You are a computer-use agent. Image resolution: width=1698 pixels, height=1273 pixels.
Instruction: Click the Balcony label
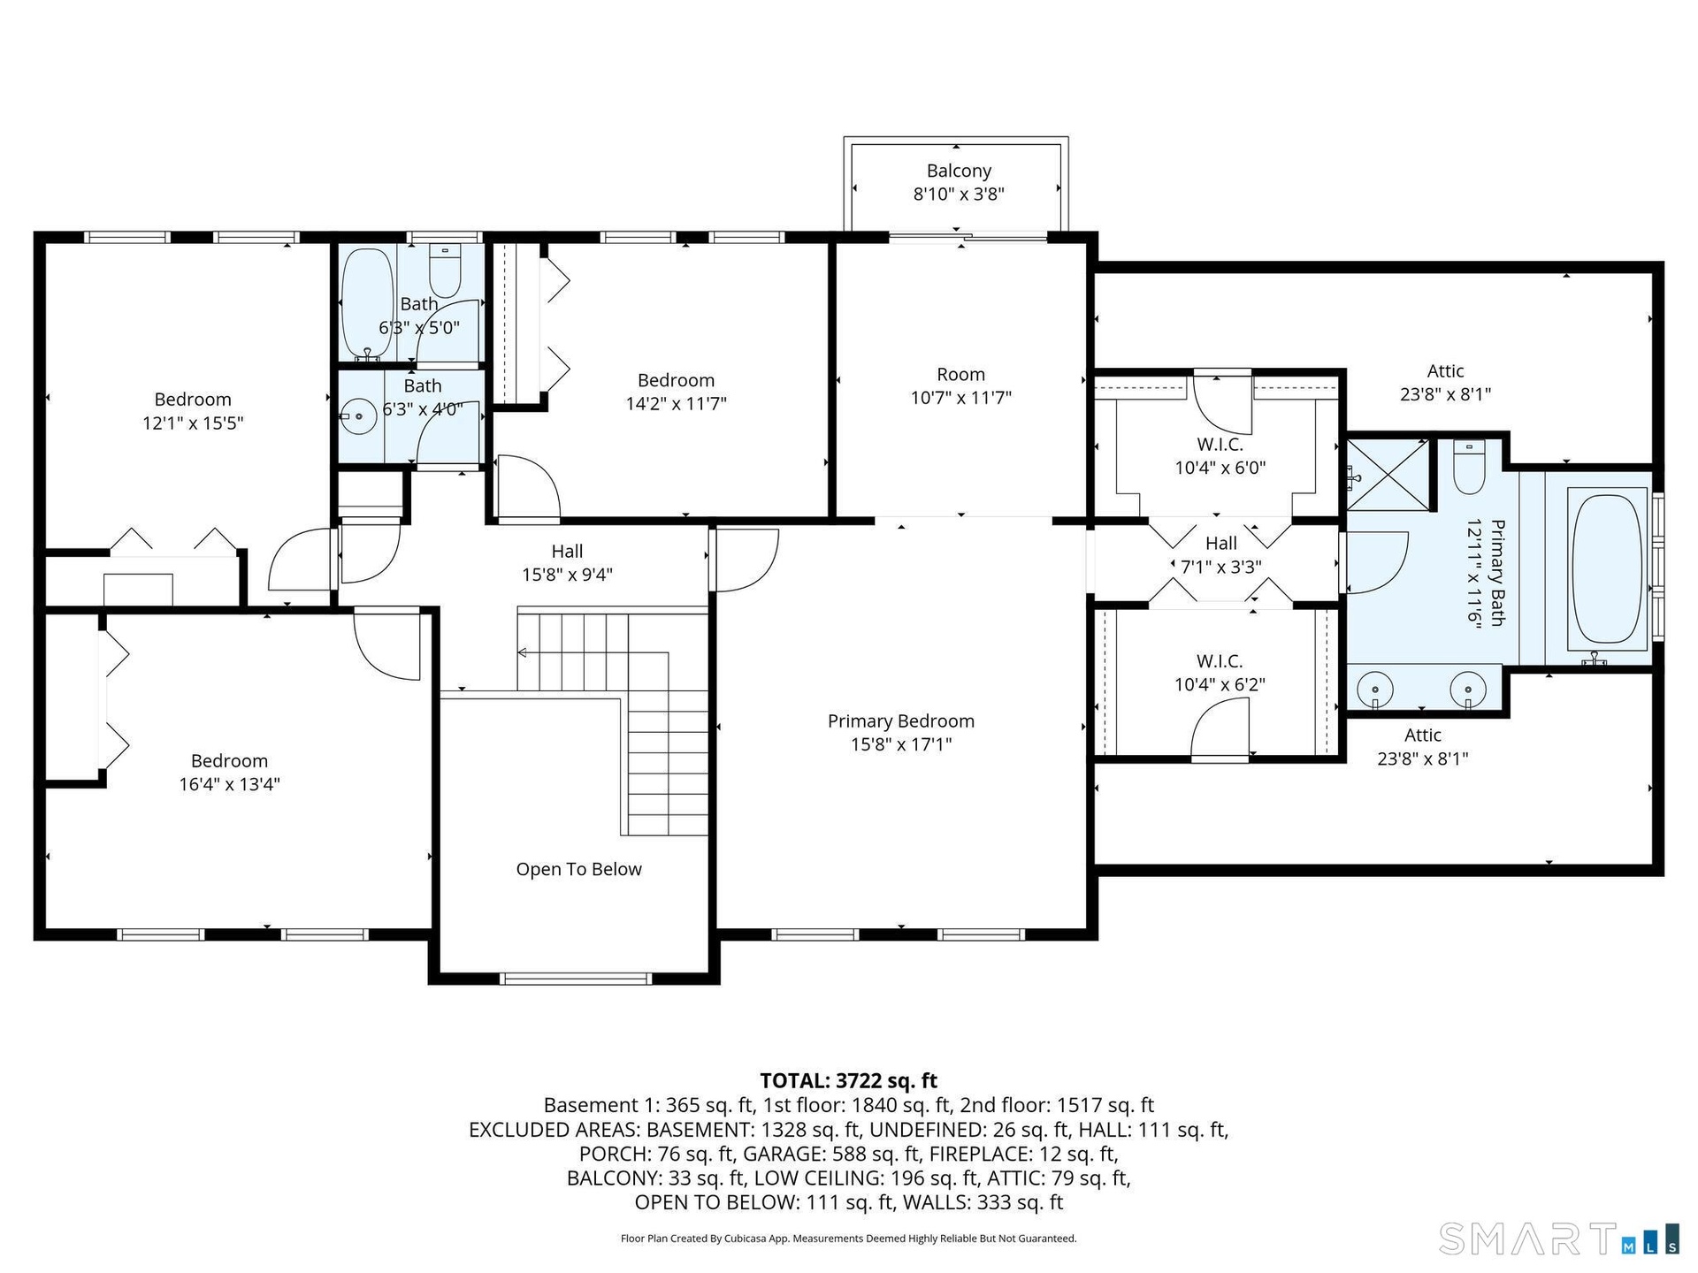pyautogui.click(x=959, y=171)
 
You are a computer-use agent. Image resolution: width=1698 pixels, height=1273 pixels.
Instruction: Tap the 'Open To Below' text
pyautogui.click(x=579, y=869)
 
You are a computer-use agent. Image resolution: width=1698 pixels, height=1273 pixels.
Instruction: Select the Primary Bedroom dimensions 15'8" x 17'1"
pyautogui.click(x=901, y=744)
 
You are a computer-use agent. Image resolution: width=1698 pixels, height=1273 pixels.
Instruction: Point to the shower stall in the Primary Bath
pyautogui.click(x=1388, y=476)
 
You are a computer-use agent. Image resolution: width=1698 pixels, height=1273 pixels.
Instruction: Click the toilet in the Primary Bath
pyautogui.click(x=1469, y=467)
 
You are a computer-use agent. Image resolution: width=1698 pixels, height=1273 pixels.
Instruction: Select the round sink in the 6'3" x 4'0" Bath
pyautogui.click(x=359, y=415)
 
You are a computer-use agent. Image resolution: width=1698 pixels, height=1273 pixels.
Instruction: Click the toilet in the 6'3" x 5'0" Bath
pyautogui.click(x=445, y=271)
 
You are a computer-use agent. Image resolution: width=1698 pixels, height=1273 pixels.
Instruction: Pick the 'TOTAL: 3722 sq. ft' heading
pyautogui.click(x=848, y=1080)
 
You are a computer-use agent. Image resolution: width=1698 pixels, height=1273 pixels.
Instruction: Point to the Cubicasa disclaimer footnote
pyautogui.click(x=848, y=1239)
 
